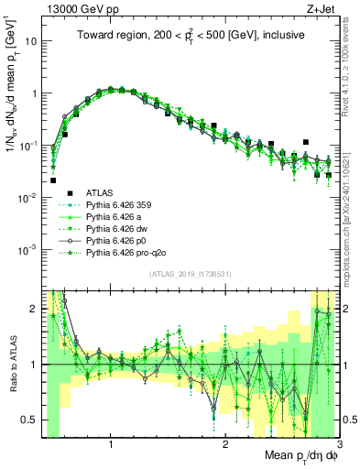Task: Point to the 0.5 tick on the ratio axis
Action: (x=31, y=420)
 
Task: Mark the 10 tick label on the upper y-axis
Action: (x=30, y=41)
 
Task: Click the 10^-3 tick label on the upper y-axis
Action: (x=27, y=250)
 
